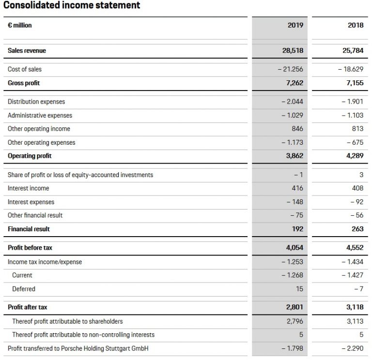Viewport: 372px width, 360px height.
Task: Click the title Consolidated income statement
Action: (x=72, y=5)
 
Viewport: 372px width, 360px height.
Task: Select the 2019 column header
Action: (x=295, y=25)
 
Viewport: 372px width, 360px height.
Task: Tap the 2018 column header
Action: (x=355, y=25)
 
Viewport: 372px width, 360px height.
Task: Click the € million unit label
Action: (x=20, y=25)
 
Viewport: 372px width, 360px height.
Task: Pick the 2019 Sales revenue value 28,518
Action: (x=293, y=50)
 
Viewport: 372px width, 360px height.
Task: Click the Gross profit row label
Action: (x=24, y=83)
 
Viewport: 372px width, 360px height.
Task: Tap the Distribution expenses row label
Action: (x=36, y=102)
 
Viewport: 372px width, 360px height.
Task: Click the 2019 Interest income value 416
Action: (x=297, y=188)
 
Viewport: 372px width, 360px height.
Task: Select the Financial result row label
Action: (x=29, y=229)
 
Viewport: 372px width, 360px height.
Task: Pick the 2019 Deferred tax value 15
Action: (x=299, y=289)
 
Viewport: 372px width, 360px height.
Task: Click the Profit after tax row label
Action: (x=28, y=307)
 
